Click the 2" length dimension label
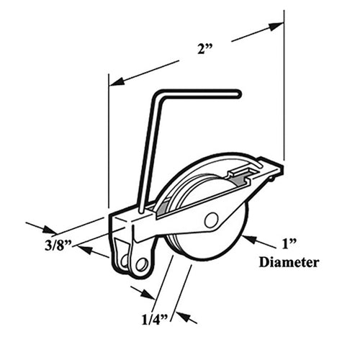pyautogui.click(x=205, y=50)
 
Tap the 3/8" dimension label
pyautogui.click(x=58, y=246)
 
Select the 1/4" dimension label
pyautogui.click(x=155, y=320)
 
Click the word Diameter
pyautogui.click(x=289, y=262)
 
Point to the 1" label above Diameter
pyautogui.click(x=289, y=244)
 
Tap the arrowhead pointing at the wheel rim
pyautogui.click(x=249, y=239)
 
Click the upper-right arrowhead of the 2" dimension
pyautogui.click(x=276, y=26)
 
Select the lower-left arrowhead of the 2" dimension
pyautogui.click(x=117, y=81)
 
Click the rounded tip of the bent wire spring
pyautogui.click(x=238, y=94)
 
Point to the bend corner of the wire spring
pyautogui.click(x=157, y=95)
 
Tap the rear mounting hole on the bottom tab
pyautogui.click(x=124, y=261)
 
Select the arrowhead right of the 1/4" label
pyautogui.click(x=183, y=316)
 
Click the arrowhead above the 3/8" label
pyautogui.click(x=49, y=230)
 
